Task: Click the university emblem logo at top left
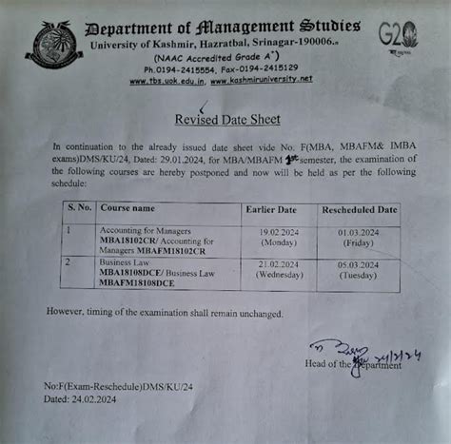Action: [53, 48]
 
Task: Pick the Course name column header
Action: [127, 208]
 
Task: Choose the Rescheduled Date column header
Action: [360, 208]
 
